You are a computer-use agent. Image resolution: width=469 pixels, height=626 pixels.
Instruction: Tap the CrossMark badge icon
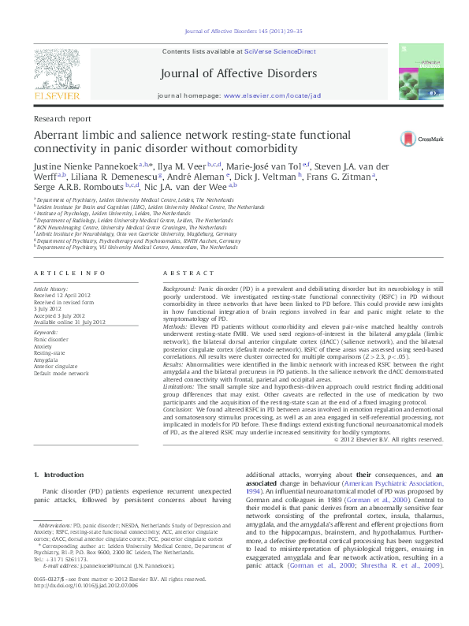pyautogui.click(x=415, y=136)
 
